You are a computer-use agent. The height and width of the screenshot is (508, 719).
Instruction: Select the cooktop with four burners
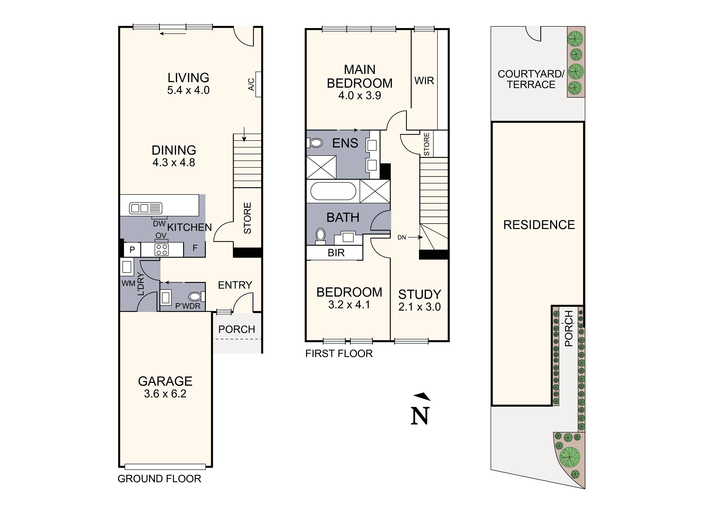pos(162,249)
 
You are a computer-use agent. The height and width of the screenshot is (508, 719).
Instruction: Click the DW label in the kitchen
pos(159,224)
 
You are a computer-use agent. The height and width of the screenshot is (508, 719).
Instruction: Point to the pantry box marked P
pos(132,249)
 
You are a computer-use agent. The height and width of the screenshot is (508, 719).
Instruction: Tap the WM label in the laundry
pos(128,283)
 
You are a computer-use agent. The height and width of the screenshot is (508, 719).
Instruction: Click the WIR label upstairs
pos(424,81)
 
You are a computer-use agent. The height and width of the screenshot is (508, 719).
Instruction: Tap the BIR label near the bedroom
pos(336,253)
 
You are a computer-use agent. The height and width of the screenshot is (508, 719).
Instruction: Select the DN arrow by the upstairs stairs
pos(410,237)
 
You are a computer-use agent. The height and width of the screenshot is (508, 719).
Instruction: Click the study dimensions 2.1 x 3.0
pos(419,307)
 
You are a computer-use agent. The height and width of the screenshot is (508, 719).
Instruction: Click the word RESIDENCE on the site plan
pos(539,225)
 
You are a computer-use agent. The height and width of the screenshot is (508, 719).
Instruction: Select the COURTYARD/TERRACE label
pos(531,79)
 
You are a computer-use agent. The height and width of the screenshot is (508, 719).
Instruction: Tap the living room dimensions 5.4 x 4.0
pos(188,90)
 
